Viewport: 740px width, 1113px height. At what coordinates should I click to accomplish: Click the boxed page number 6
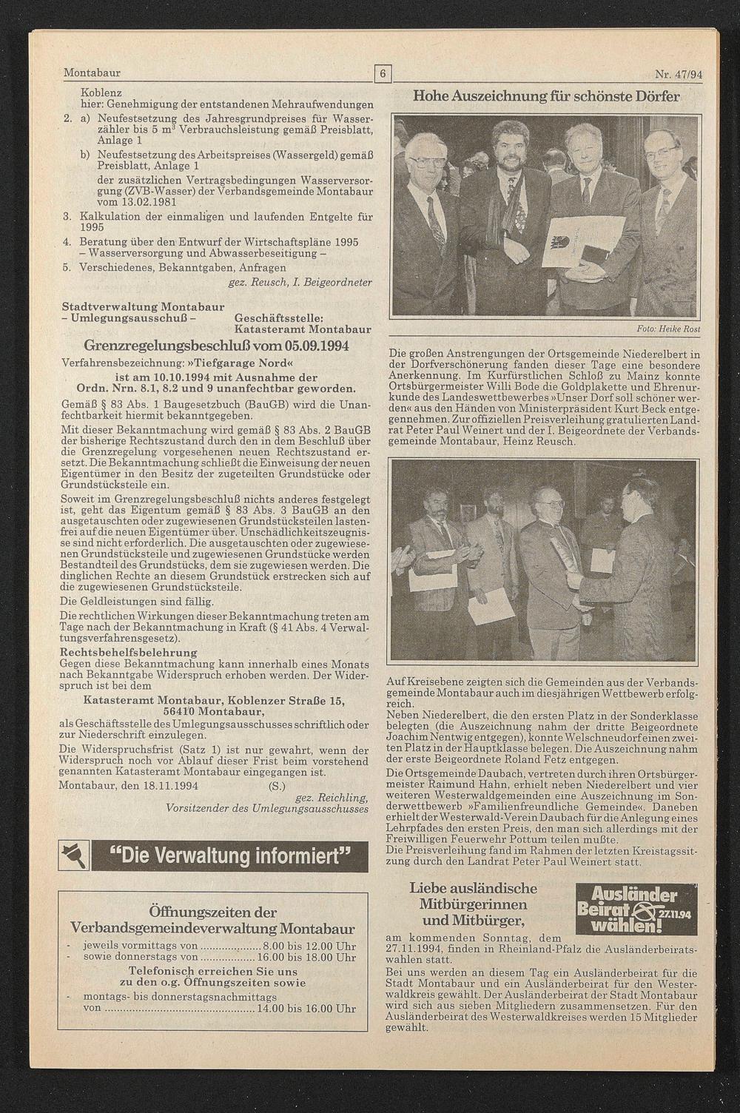click(383, 73)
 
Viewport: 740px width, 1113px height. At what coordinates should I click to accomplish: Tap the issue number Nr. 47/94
click(678, 74)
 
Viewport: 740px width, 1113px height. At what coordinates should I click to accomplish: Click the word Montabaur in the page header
click(92, 73)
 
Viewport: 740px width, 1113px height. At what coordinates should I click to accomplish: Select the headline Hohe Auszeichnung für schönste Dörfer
click(545, 96)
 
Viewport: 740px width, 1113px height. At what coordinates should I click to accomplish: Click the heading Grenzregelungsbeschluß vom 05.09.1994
click(216, 346)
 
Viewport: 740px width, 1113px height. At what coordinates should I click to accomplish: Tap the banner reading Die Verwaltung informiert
click(229, 857)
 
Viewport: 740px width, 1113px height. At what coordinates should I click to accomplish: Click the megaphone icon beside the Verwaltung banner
click(75, 857)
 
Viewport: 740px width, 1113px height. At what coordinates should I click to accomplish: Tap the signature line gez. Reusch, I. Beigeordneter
click(300, 281)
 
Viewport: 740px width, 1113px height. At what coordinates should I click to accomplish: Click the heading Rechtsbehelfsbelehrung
click(129, 652)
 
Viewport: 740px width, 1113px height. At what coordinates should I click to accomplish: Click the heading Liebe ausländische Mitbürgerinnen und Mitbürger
click(473, 904)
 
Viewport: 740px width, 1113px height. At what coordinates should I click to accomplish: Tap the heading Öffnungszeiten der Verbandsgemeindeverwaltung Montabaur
click(212, 920)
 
